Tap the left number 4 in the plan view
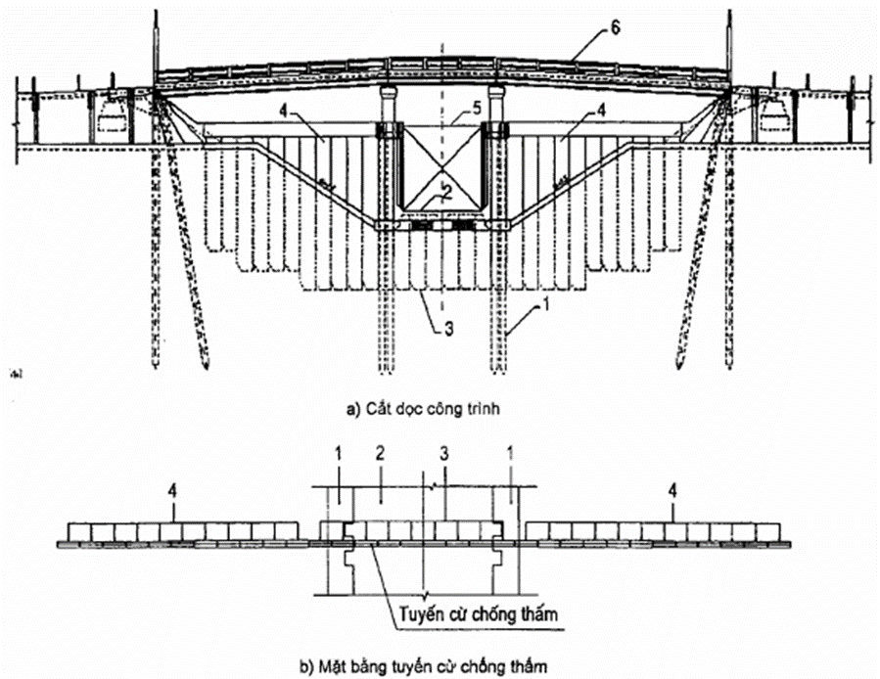(171, 485)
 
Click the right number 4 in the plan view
(672, 485)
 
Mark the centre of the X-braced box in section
(441, 165)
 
